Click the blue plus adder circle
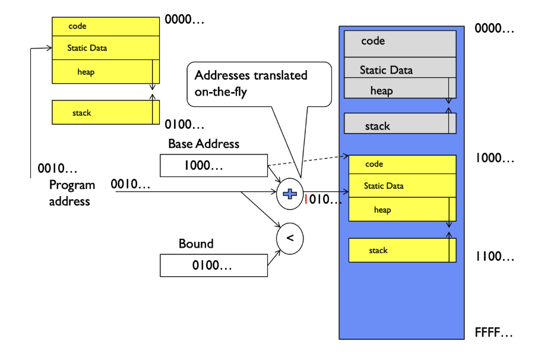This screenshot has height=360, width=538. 290,194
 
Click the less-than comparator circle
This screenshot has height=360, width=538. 290,238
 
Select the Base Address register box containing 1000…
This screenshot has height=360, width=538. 214,166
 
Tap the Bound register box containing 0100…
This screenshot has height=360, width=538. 214,265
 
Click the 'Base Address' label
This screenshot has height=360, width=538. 204,144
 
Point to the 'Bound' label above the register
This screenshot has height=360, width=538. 196,244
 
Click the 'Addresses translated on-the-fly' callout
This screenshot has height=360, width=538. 259,83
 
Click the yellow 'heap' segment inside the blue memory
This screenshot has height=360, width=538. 399,210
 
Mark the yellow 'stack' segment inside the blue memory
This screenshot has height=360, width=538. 399,250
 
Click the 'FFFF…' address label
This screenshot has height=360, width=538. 493,333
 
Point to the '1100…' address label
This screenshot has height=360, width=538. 494,257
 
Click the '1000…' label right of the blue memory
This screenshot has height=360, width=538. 494,158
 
